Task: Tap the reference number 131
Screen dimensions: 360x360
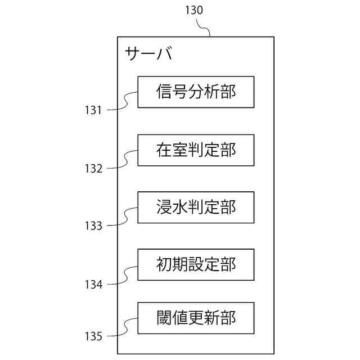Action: tap(93, 110)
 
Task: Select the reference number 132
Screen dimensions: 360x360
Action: tap(93, 168)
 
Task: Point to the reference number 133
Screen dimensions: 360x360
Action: tap(93, 226)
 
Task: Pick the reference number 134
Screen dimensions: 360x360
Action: tap(93, 285)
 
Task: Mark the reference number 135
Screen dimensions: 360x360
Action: tap(93, 337)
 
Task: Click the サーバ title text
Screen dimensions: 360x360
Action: tap(148, 54)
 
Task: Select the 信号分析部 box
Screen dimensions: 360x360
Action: tap(196, 92)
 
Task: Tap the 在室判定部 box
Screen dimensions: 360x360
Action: tap(196, 150)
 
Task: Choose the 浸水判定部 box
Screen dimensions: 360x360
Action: tap(196, 208)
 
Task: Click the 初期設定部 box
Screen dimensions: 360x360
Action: tap(196, 264)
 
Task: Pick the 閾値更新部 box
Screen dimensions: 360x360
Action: tap(196, 318)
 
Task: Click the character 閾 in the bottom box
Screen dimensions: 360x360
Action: tap(164, 318)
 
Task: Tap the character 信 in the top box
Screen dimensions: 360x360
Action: tap(164, 92)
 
